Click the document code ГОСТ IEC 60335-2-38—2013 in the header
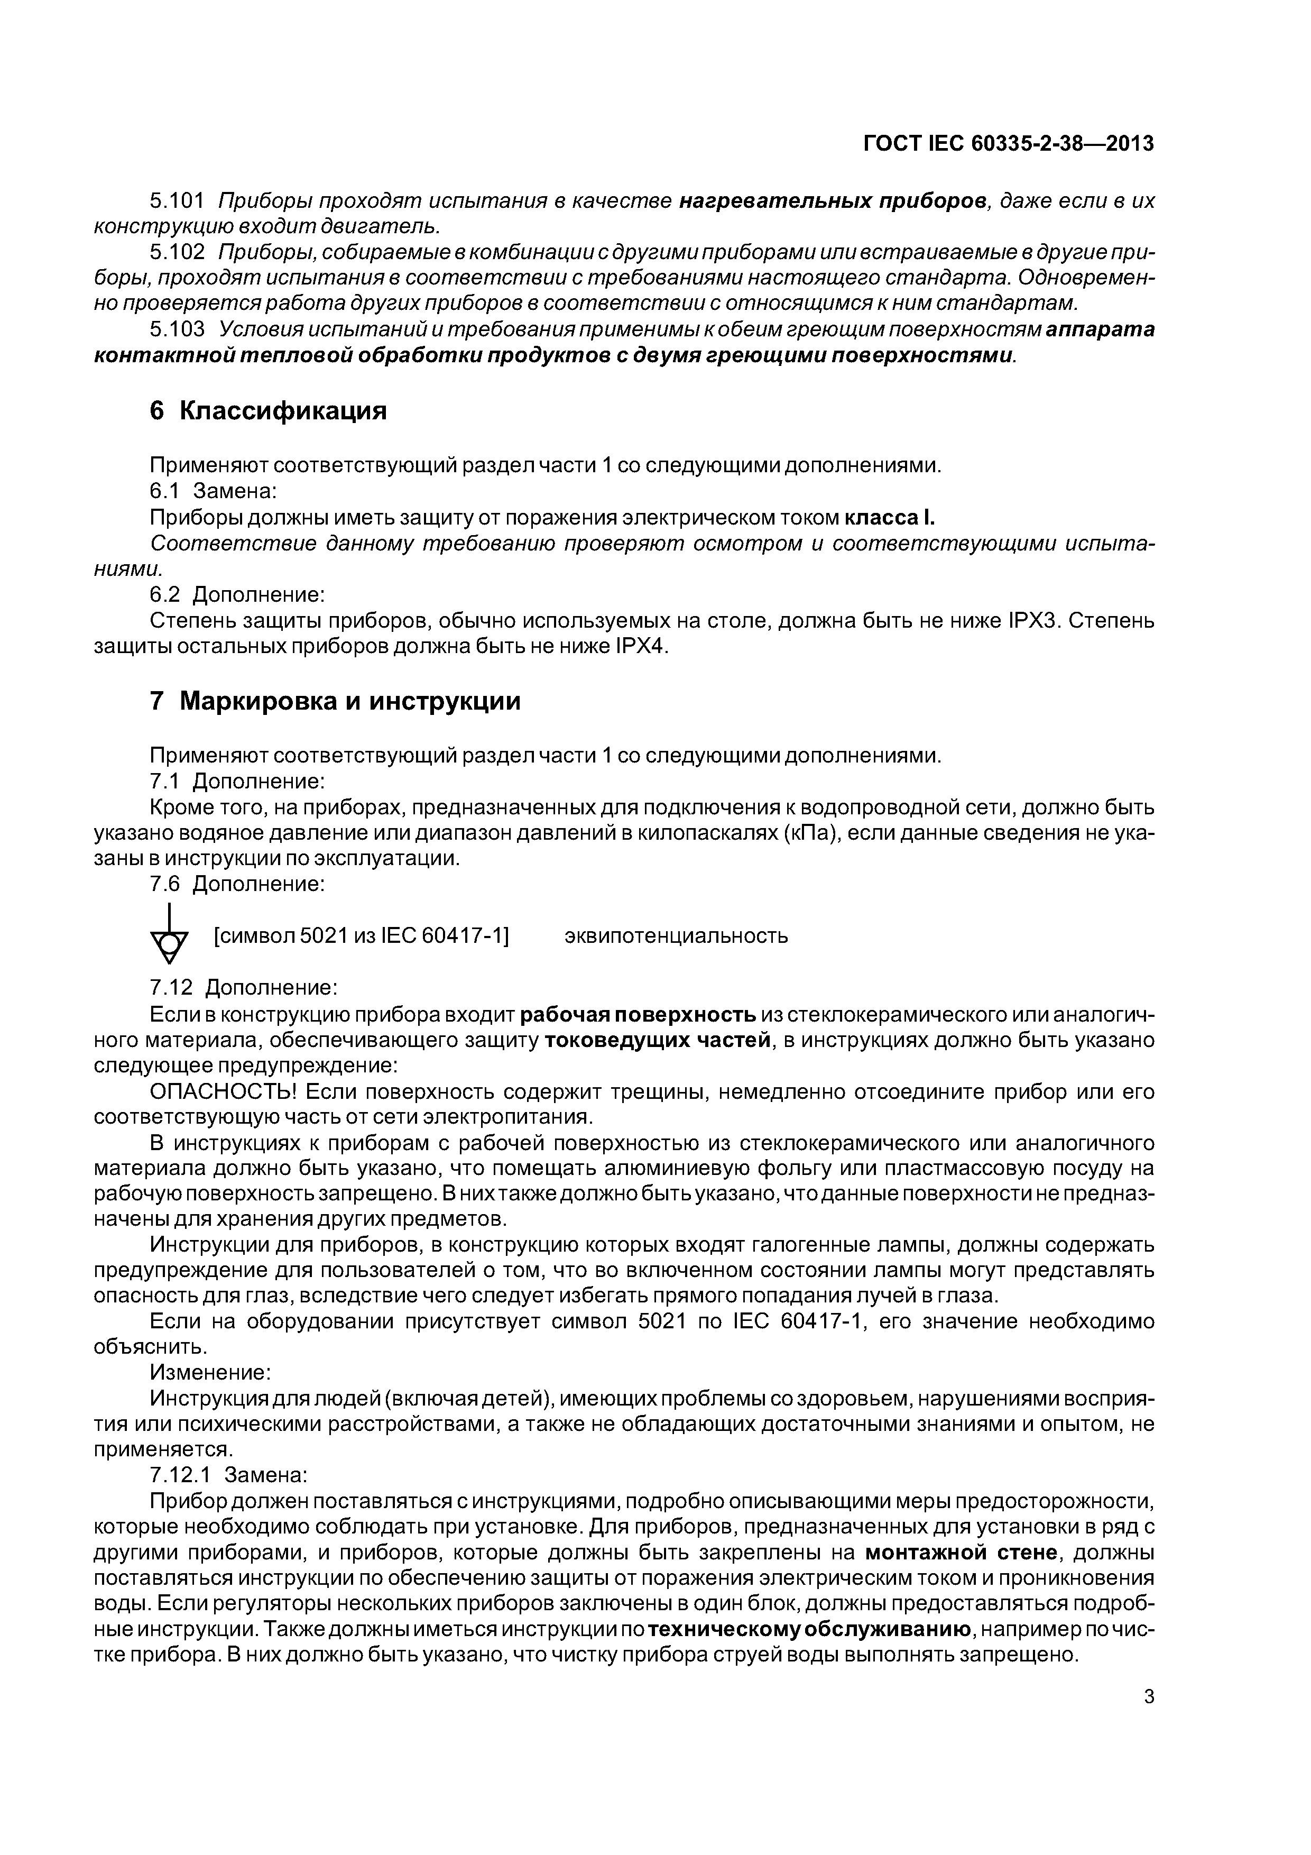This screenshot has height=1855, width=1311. [x=1008, y=144]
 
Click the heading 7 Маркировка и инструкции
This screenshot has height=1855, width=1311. [x=335, y=701]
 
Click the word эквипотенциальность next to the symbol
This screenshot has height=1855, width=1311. [x=675, y=936]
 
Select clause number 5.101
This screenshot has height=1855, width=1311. [x=178, y=200]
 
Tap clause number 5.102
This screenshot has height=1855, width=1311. [x=178, y=252]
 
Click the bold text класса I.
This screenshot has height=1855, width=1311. [x=889, y=517]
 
